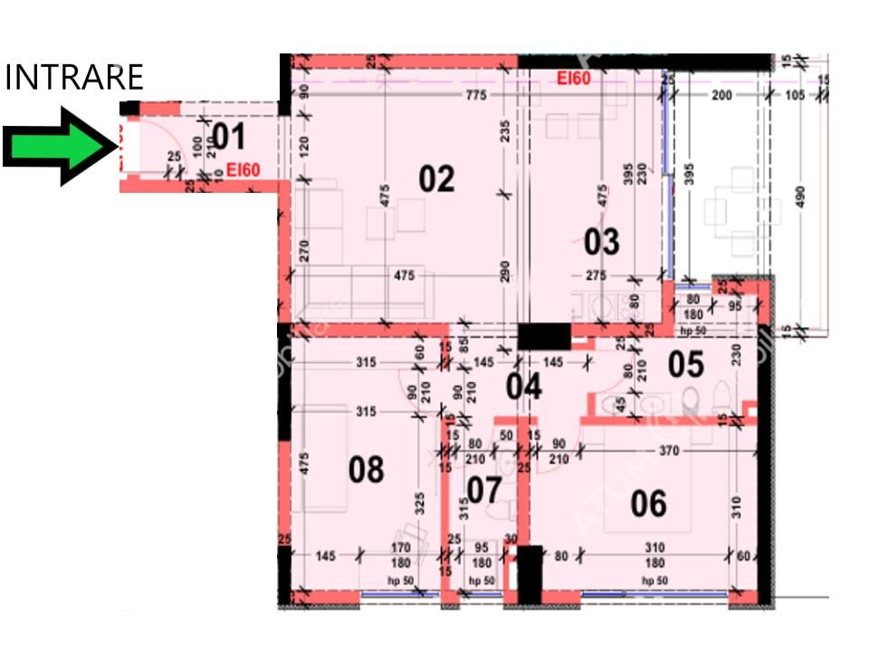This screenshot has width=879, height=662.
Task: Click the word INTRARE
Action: tap(74, 78)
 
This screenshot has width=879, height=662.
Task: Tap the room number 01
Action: tap(228, 138)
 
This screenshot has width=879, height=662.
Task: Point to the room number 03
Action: tap(601, 242)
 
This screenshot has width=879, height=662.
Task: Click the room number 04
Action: tap(523, 387)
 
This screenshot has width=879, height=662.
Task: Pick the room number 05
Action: tap(685, 364)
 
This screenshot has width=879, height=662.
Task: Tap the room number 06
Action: tap(648, 503)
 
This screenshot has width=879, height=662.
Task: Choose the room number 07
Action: tap(484, 491)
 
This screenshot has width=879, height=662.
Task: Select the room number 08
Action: tap(366, 470)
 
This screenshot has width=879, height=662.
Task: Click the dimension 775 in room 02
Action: tap(475, 95)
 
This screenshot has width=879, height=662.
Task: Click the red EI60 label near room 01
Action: tap(244, 168)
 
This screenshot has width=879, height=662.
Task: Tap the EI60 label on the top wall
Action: tap(574, 79)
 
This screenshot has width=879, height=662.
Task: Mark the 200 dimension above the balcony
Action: tap(721, 95)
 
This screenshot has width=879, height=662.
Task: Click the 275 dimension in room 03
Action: tap(596, 275)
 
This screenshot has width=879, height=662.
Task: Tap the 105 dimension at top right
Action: tap(796, 96)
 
